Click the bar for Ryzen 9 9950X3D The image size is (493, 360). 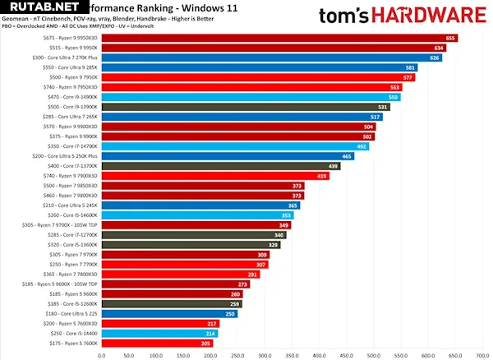(x=279, y=38)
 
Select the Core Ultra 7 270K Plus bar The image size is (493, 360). (x=271, y=58)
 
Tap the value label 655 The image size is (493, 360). (x=450, y=38)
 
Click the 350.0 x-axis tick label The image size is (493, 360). (x=292, y=354)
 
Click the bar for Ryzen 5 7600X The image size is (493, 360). (x=156, y=344)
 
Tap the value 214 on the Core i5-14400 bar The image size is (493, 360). (x=210, y=334)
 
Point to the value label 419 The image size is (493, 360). (x=322, y=176)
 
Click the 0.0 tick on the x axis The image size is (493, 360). (x=102, y=354)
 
